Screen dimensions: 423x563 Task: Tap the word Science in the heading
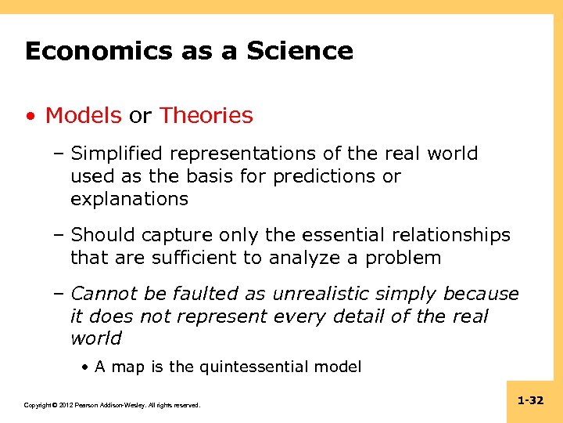(300, 52)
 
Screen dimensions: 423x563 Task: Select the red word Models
(84, 116)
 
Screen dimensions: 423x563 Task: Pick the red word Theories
(206, 116)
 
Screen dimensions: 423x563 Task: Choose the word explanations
(129, 199)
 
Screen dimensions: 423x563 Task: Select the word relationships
(460, 235)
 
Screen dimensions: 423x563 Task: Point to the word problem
(407, 258)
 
